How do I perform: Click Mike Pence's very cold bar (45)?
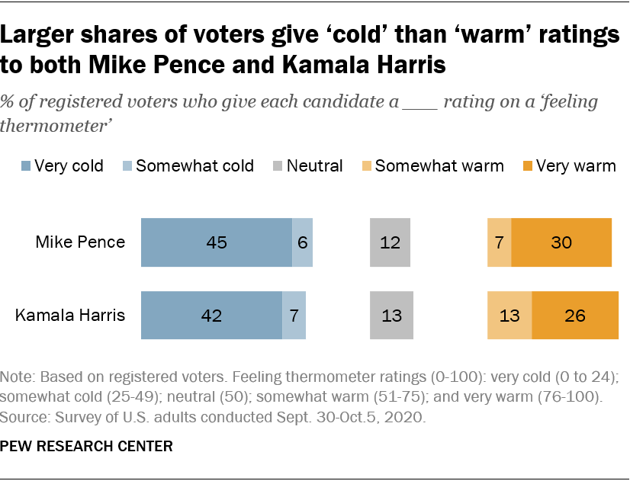217,242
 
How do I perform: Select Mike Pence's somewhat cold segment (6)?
303,242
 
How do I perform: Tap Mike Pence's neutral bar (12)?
390,242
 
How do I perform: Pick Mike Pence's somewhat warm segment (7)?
500,242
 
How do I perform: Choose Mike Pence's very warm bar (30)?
561,242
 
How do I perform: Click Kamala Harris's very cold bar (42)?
211,315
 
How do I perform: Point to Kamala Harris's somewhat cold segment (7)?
294,315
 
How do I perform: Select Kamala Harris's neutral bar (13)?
390,315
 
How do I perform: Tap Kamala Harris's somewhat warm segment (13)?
509,315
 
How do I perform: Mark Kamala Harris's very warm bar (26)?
575,315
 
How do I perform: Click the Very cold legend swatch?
27,166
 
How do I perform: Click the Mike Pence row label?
81,242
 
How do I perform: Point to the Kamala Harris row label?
71,315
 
